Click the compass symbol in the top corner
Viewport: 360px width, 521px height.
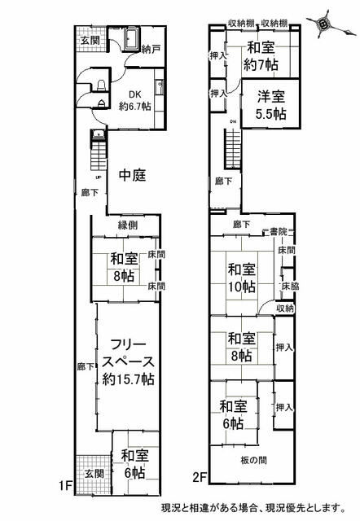point(324,24)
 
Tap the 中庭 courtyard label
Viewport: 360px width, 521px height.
point(132,174)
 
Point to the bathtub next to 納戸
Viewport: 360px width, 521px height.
point(128,36)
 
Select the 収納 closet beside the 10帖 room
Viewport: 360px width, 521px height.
point(284,309)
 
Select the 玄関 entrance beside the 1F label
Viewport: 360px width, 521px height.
point(92,473)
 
